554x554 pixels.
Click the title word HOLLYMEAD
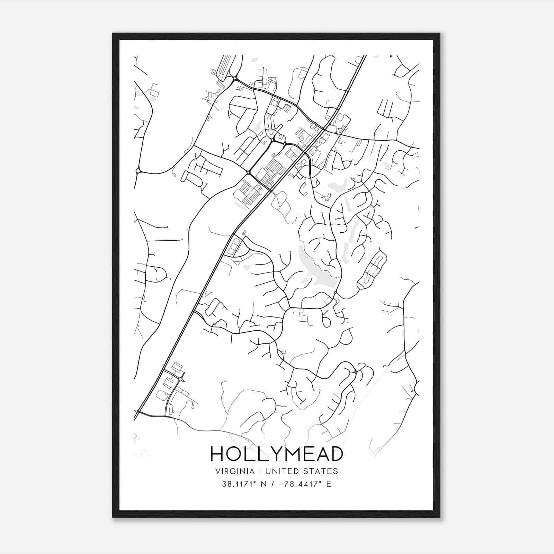point(277,454)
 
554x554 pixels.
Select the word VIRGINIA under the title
point(235,471)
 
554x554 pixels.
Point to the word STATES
point(321,471)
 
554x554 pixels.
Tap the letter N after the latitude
point(264,484)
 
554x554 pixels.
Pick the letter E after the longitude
point(329,484)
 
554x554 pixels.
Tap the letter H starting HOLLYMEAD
point(217,454)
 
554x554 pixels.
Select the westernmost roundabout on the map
point(138,171)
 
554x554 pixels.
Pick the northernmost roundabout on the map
point(235,79)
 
